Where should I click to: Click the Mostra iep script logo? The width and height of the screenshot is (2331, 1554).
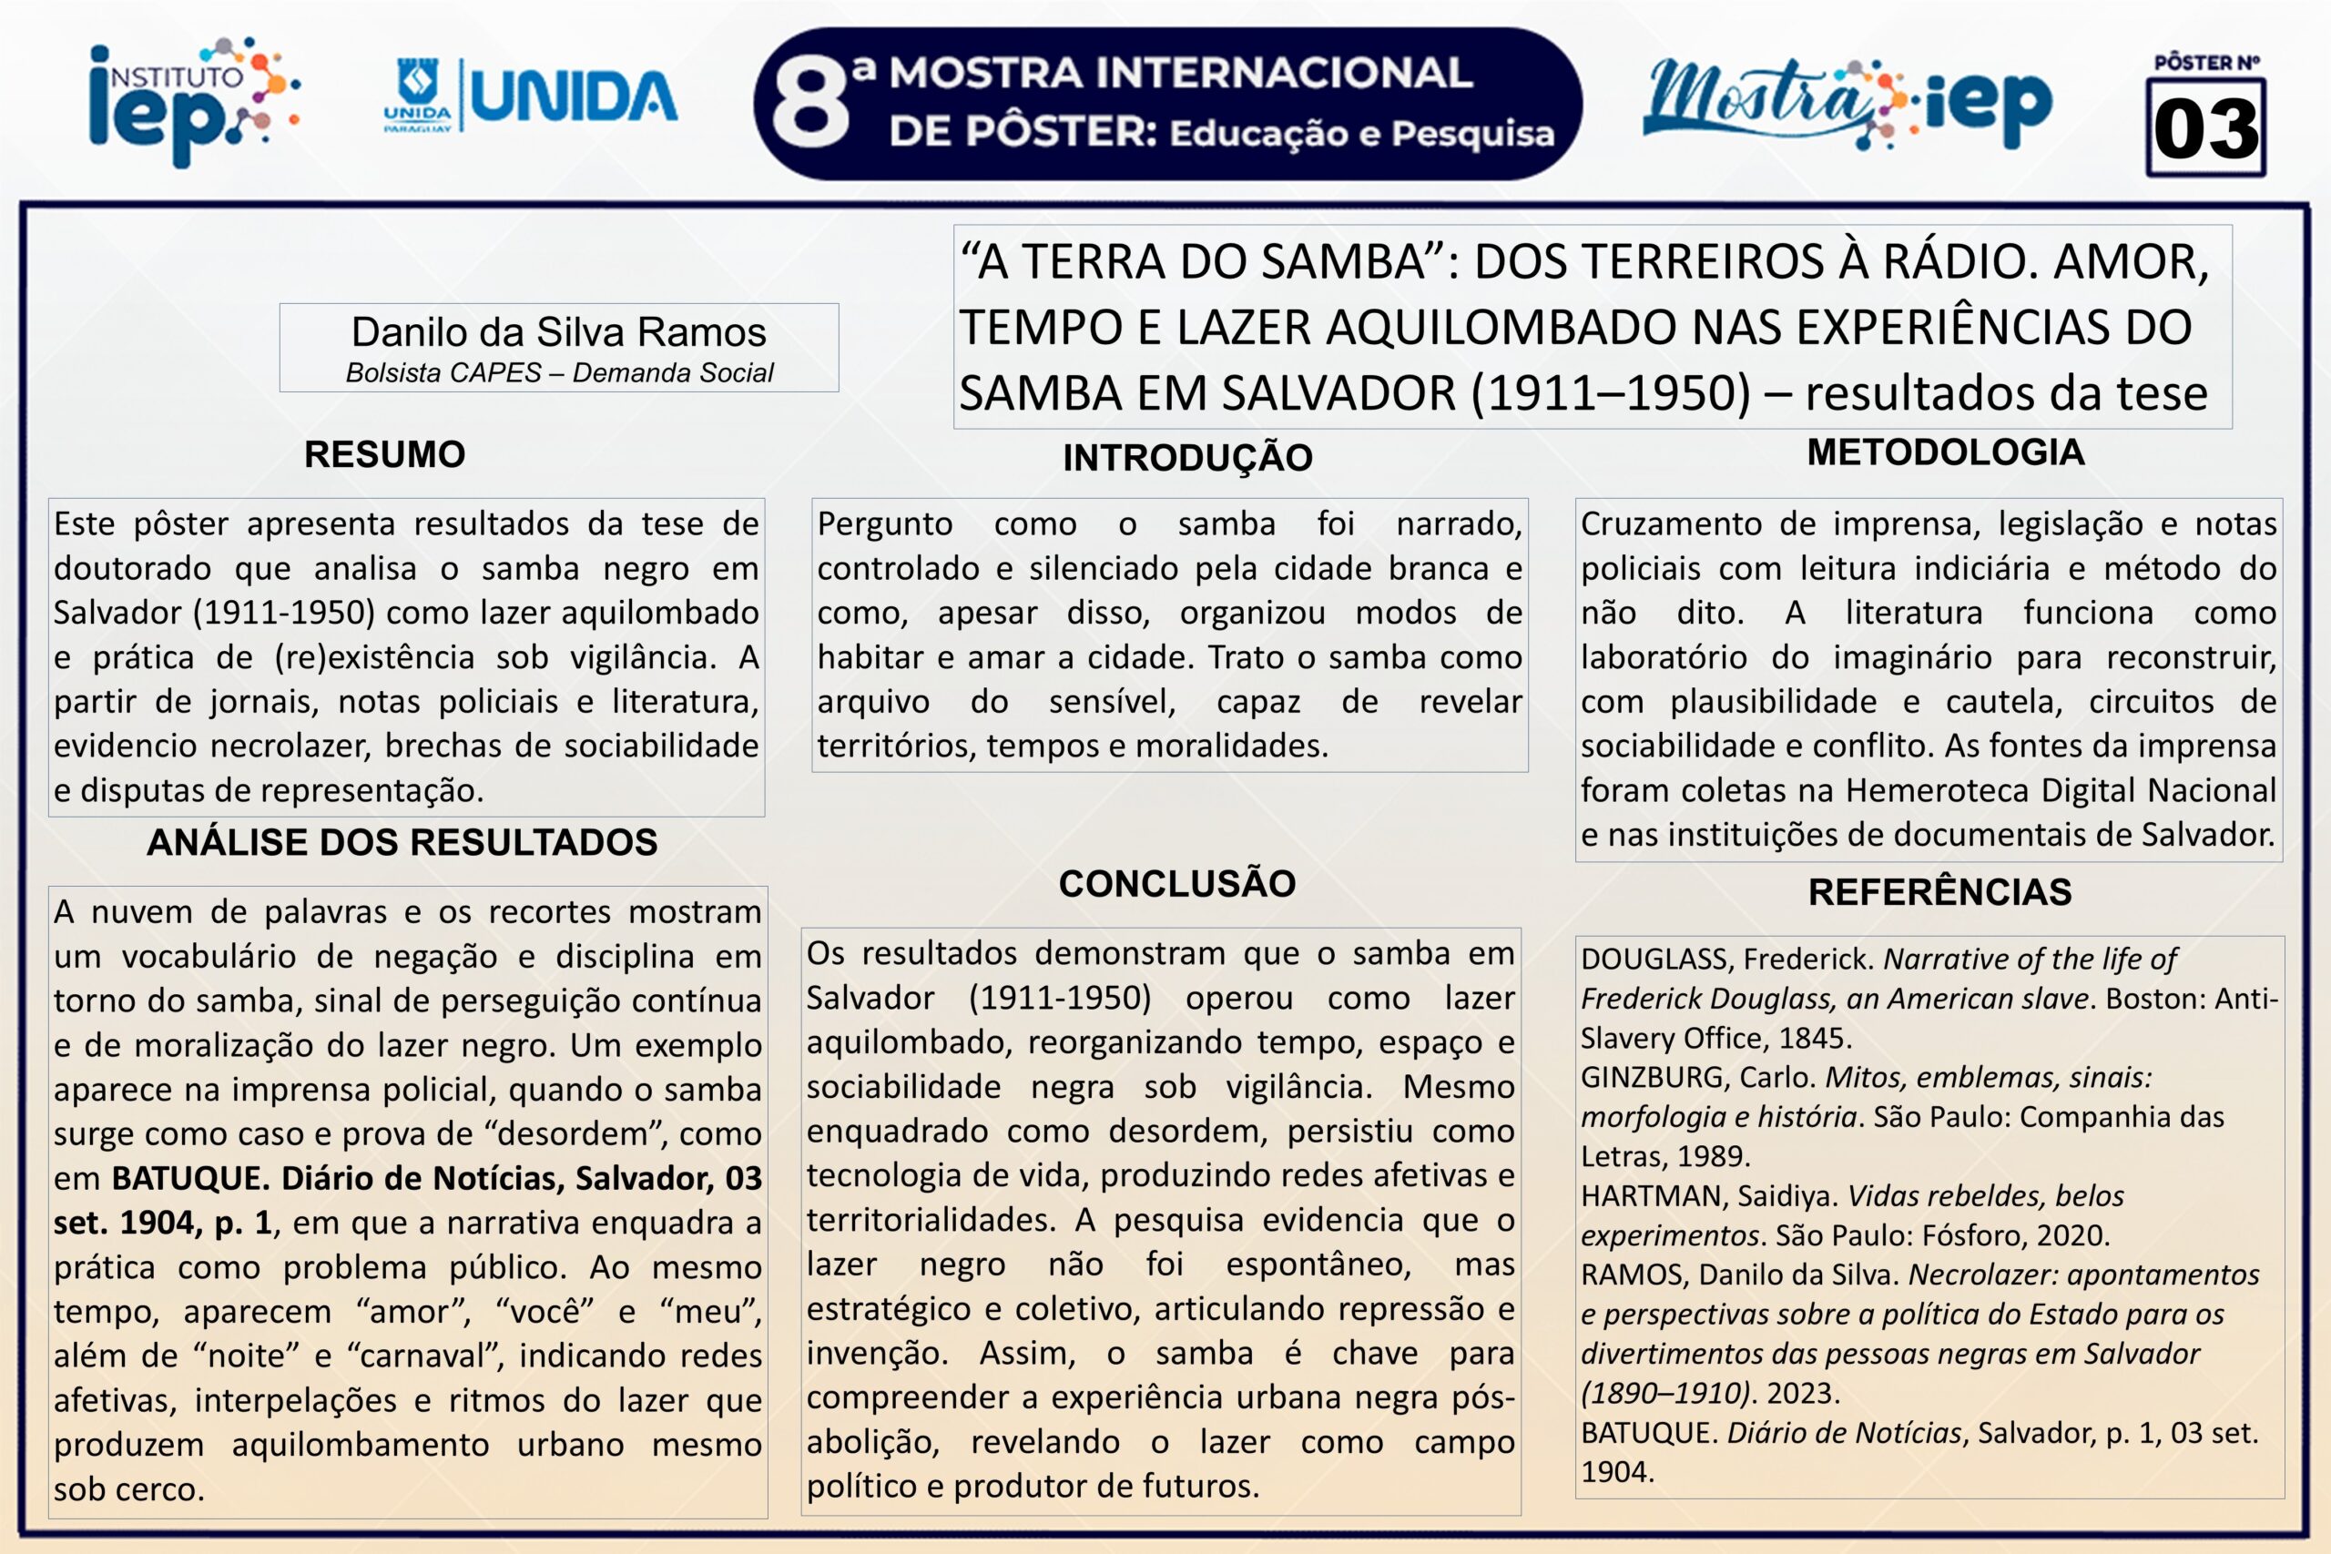pyautogui.click(x=1846, y=103)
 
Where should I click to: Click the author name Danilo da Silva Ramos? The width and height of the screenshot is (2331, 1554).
pyautogui.click(x=558, y=332)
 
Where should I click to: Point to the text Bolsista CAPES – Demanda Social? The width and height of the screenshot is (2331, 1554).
pyautogui.click(x=559, y=372)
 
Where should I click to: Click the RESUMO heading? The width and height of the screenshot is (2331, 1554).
pyautogui.click(x=384, y=454)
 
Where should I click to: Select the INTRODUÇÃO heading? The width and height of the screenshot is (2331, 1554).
pyautogui.click(x=1187, y=458)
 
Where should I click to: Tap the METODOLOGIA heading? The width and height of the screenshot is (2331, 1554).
pyautogui.click(x=1946, y=452)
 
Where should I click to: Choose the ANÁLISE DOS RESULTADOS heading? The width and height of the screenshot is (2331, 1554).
pyautogui.click(x=402, y=842)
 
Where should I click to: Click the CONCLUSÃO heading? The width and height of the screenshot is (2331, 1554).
pyautogui.click(x=1176, y=884)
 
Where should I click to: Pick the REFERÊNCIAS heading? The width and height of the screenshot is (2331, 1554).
pyautogui.click(x=1939, y=892)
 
